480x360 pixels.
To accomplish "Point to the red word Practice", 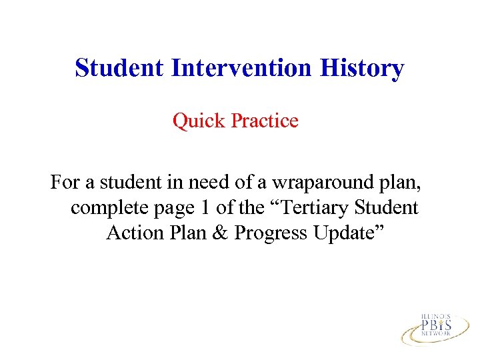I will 265,121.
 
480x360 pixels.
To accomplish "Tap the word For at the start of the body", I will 65,181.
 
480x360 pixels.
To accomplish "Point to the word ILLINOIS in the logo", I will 436,314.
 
